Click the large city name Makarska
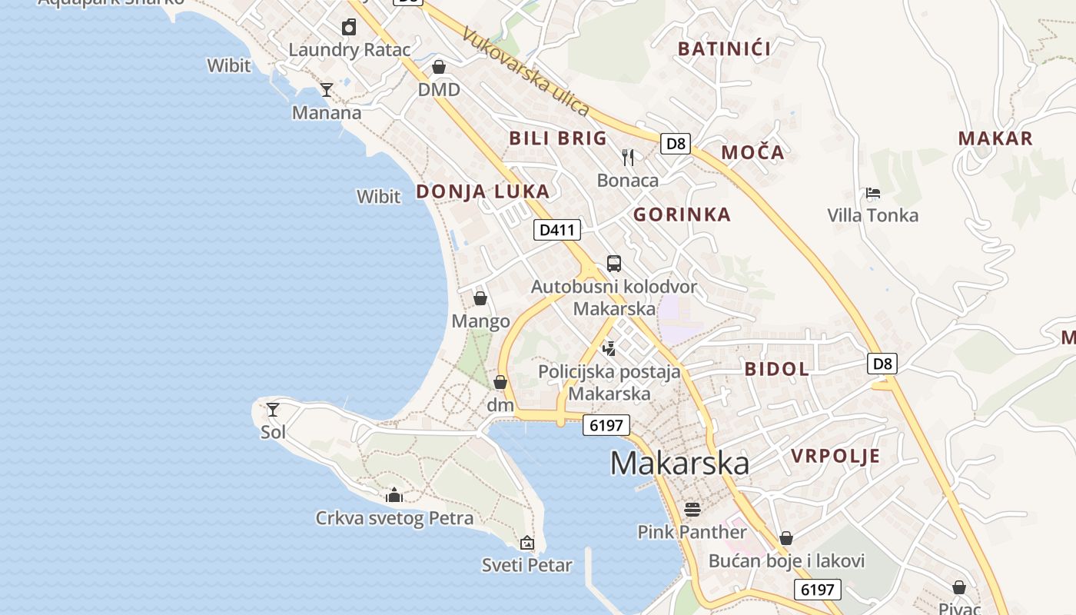679,463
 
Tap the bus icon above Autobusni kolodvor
614,264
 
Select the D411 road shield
557,229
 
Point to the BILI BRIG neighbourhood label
558,138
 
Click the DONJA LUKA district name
483,191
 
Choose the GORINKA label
682,214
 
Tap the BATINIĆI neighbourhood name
724,49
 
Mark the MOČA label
752,152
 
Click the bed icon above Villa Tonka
872,193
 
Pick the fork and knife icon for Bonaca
628,158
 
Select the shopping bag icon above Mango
480,298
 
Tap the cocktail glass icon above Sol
273,410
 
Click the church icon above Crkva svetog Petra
394,495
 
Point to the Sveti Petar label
527,566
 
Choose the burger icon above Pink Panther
692,509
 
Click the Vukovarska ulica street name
526,72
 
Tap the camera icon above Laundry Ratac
349,28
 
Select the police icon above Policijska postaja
609,349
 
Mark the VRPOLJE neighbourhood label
835,456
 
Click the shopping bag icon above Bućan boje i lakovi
786,538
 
